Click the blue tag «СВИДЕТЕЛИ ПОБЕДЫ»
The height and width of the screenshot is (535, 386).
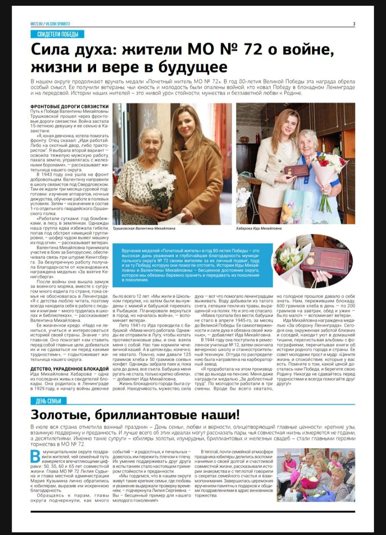click(x=58, y=34)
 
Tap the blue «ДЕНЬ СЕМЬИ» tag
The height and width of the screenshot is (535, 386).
click(x=48, y=401)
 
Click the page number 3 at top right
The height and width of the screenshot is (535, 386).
click(x=354, y=24)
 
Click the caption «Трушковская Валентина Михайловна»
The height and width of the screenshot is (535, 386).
click(x=144, y=229)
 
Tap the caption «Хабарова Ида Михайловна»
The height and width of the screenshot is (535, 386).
click(x=259, y=229)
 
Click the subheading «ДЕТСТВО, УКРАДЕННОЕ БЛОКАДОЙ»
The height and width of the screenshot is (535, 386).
click(x=69, y=368)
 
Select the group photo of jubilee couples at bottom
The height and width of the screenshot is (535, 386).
click(x=315, y=475)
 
